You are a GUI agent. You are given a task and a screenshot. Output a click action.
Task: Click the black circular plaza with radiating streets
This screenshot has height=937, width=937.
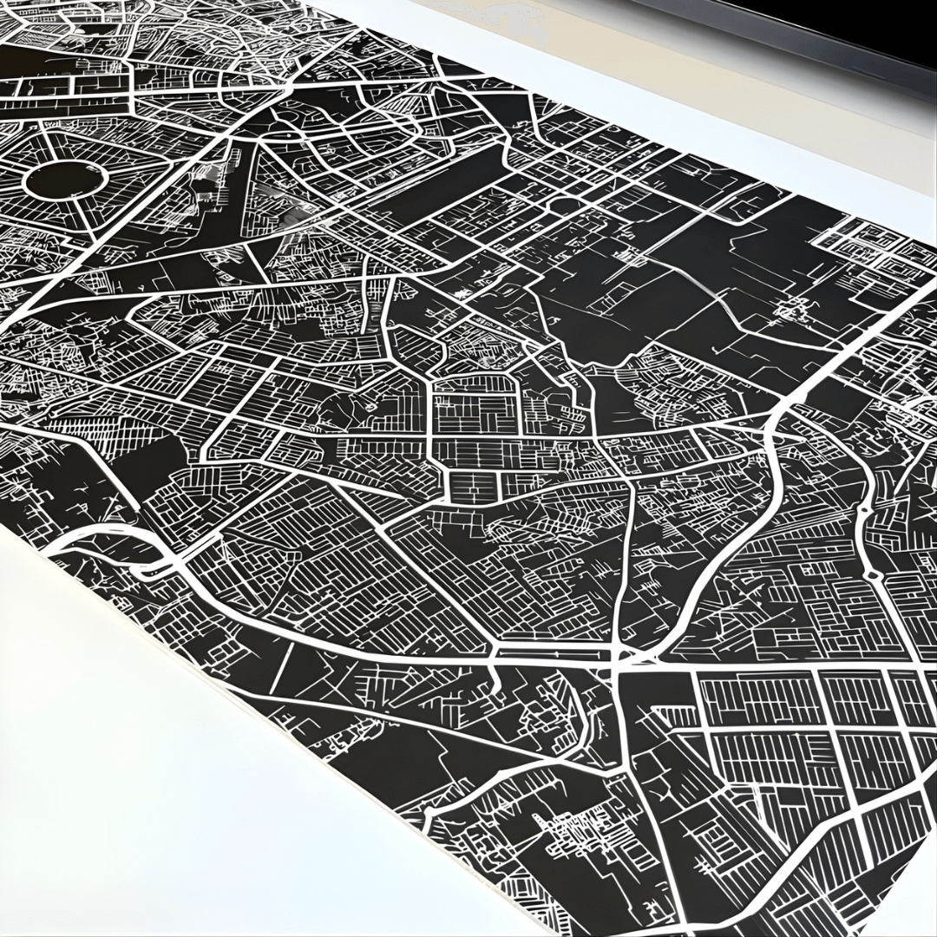coord(65,180)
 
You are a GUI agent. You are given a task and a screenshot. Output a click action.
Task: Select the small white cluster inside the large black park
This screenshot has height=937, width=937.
coord(794,308)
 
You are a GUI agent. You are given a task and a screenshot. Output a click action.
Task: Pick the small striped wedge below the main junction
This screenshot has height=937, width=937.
coord(672,716)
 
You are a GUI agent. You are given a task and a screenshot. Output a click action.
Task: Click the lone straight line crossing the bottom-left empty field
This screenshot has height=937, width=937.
coord(282,677)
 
